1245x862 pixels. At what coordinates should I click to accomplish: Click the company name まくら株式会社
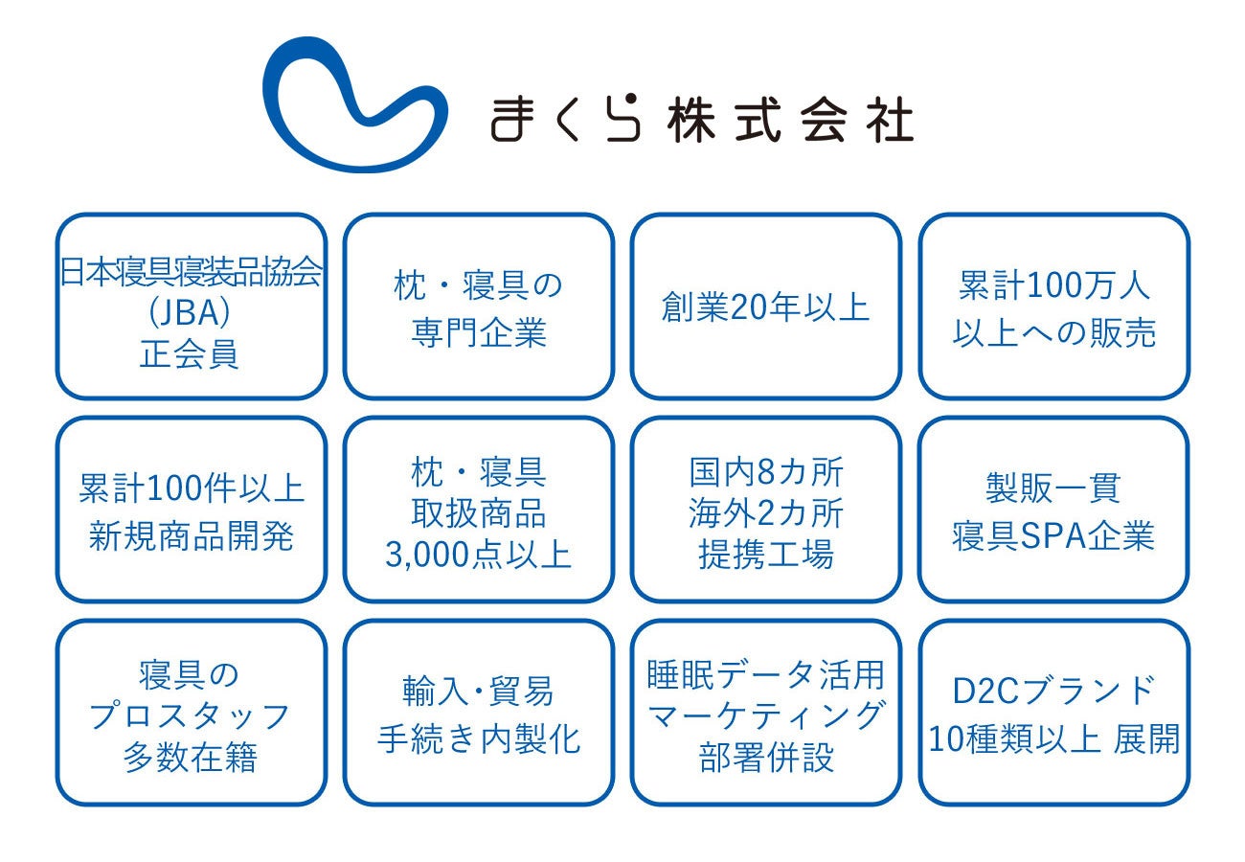click(701, 120)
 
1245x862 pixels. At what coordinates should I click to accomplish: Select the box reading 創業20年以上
click(765, 307)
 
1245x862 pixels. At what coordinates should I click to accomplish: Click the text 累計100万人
click(1053, 285)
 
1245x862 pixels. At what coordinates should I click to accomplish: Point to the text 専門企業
click(478, 332)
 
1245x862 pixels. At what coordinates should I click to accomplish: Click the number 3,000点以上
click(478, 556)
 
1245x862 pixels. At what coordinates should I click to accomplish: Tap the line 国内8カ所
click(765, 471)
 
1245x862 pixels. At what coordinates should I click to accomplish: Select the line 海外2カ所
click(765, 513)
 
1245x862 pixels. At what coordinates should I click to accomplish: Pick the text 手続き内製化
click(478, 738)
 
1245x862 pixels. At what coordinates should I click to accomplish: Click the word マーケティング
click(765, 715)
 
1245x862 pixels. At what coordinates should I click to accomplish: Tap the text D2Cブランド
click(1053, 692)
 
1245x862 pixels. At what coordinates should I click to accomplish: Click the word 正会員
click(191, 354)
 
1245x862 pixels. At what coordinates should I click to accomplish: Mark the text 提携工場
click(765, 556)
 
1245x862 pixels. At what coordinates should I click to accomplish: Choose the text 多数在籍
click(191, 759)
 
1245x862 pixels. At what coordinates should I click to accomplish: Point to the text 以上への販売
click(1053, 332)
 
